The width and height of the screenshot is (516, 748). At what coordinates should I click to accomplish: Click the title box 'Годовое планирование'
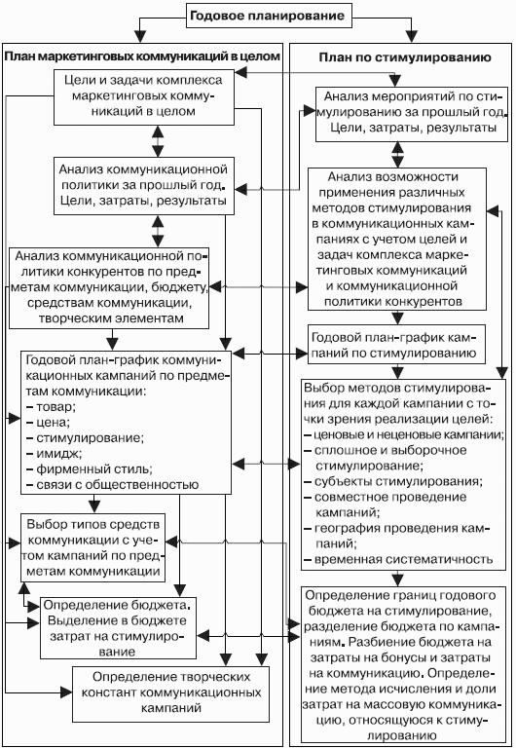point(268,17)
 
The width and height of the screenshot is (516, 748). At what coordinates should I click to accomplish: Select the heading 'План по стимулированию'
point(405,57)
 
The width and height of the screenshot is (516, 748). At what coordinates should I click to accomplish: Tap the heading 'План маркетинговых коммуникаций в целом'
point(142,56)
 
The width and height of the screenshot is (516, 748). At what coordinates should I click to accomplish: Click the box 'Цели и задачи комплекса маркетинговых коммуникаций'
point(143,97)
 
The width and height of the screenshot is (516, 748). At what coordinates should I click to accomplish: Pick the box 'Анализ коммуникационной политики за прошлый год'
point(143,186)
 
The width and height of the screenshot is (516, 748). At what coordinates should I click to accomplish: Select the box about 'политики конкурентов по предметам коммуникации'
point(109,287)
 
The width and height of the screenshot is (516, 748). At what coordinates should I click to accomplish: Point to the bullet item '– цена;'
point(48,423)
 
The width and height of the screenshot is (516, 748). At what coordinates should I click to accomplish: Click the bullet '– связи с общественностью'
point(112,485)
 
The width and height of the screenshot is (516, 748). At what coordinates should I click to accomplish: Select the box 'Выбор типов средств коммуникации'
point(93,547)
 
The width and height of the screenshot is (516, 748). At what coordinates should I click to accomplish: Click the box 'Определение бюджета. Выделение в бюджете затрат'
point(118,628)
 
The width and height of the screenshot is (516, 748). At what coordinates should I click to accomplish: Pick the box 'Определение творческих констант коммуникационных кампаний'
point(170,692)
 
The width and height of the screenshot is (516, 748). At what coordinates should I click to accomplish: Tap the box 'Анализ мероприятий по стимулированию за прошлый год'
point(412,114)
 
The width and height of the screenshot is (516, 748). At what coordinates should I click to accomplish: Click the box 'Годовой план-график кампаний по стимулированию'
point(396,345)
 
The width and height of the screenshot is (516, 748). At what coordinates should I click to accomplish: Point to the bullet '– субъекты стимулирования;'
point(393,481)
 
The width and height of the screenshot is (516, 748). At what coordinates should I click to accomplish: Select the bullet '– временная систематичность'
point(398,559)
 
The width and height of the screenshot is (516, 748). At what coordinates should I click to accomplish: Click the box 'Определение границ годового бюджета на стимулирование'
point(403,665)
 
